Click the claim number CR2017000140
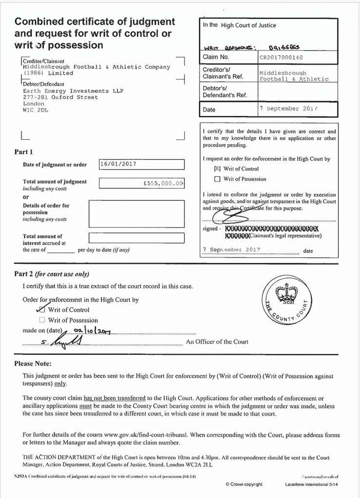click(281, 57)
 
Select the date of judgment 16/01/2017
click(118, 164)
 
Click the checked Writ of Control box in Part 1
click(218, 168)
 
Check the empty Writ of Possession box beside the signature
click(218, 179)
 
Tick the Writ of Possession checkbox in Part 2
click(42, 320)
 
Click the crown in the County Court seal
click(283, 295)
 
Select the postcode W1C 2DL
click(36, 110)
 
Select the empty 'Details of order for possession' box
click(136, 213)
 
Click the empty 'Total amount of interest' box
click(136, 238)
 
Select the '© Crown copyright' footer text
click(244, 484)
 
